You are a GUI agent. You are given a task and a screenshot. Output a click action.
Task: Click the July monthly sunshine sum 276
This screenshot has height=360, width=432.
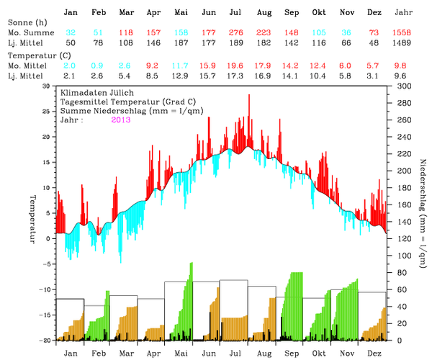235,33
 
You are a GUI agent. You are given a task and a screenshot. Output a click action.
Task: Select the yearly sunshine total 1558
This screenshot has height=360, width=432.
403,33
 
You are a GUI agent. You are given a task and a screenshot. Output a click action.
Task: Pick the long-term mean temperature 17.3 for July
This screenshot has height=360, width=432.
235,76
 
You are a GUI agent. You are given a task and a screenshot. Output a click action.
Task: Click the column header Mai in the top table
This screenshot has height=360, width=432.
180,13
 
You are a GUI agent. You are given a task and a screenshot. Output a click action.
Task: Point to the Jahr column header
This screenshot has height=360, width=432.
403,13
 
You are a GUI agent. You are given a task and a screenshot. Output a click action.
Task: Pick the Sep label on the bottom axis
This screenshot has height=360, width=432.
292,354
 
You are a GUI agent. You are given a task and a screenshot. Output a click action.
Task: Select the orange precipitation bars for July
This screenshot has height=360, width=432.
235,328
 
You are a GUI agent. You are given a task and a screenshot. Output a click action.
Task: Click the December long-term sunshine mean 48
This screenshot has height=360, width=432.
375,43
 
